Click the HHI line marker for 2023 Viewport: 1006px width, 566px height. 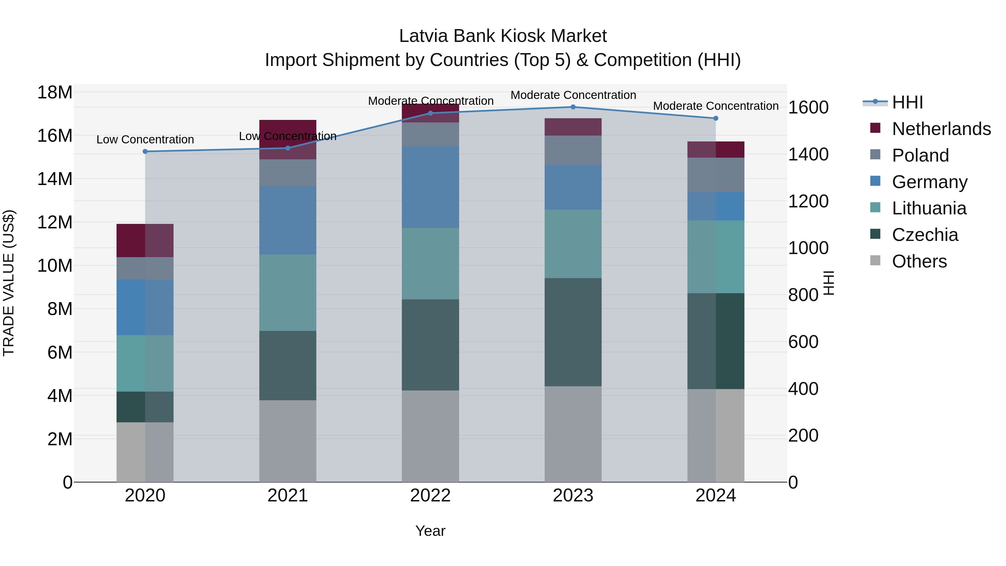[573, 107]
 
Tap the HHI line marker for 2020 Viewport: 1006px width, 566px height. [145, 151]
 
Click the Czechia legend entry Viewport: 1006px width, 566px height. [924, 235]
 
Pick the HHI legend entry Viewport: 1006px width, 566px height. [907, 102]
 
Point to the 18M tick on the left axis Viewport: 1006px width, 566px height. [55, 93]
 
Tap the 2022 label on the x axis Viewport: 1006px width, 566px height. [430, 495]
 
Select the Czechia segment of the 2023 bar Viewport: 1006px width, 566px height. [573, 332]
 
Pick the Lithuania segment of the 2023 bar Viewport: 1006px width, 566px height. [573, 244]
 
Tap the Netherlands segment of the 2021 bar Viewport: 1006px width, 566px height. [288, 139]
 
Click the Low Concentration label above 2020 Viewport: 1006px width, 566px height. [145, 139]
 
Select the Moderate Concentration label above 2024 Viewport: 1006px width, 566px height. [715, 106]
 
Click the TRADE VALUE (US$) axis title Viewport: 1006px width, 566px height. [9, 283]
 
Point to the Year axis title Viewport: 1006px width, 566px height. [430, 531]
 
